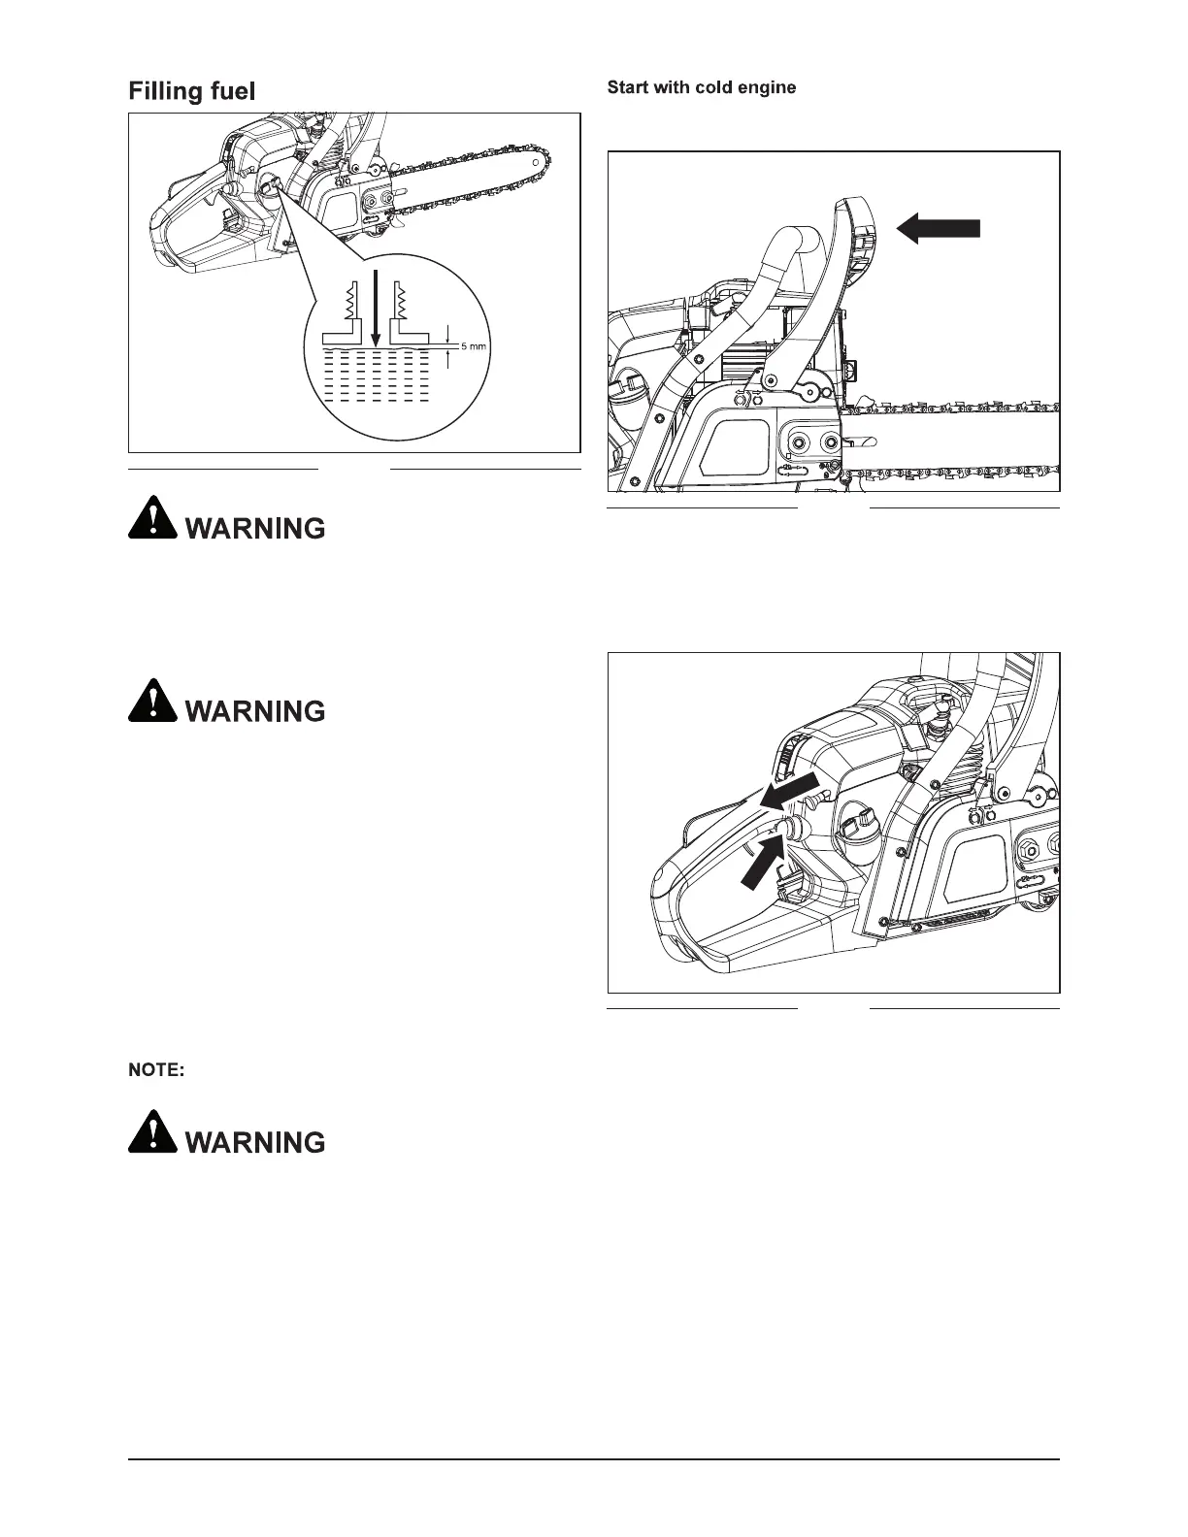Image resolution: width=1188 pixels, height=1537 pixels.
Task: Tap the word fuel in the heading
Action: point(231,91)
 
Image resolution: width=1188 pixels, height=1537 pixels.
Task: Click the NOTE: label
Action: point(156,1070)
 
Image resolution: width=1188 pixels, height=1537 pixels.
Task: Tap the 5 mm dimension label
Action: point(473,346)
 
